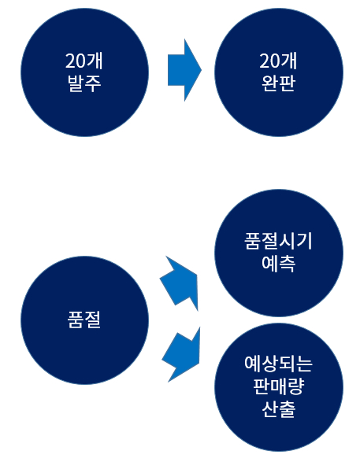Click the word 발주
84,83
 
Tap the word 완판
279,83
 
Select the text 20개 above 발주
84,61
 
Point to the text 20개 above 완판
278,61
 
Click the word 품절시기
278,242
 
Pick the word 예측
279,264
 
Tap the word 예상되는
278,364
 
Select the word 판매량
279,386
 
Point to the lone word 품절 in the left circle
84,320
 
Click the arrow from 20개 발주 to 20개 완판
184,70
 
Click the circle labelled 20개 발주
84,72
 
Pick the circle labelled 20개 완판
279,72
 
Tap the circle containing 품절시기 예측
279,253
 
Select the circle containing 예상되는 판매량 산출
279,387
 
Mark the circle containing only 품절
84,320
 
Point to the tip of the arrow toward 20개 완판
202,70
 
